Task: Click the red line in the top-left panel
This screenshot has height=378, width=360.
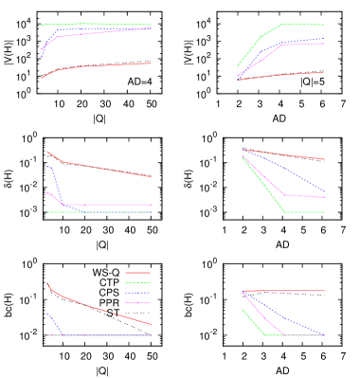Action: [x=104, y=65]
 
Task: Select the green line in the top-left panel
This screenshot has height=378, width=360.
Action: [x=123, y=24]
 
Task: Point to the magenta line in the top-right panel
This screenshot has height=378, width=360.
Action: [x=303, y=44]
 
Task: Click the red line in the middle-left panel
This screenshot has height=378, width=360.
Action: [x=104, y=169]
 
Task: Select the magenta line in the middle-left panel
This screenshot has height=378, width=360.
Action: [x=104, y=205]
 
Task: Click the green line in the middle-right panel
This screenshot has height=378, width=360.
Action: [x=265, y=184]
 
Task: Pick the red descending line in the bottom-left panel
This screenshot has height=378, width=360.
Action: [x=95, y=308]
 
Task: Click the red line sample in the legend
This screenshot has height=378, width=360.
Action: [x=137, y=272]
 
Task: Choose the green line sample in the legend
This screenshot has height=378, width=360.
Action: [x=137, y=282]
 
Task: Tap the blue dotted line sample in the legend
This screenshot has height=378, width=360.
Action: [x=137, y=293]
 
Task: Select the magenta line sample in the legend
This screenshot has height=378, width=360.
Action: [x=137, y=303]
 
